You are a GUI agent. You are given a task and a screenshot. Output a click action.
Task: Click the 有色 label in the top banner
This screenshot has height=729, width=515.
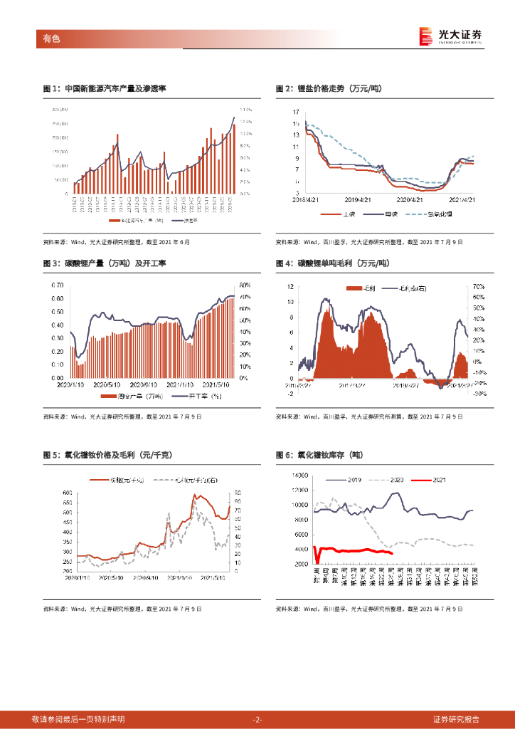[52, 38]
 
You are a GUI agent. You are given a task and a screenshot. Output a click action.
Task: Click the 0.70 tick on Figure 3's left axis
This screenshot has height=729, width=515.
[57, 285]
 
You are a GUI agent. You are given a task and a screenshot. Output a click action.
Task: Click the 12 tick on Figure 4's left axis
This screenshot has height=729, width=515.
[290, 287]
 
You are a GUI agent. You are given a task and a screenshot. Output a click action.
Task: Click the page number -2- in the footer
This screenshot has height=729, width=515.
[257, 719]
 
